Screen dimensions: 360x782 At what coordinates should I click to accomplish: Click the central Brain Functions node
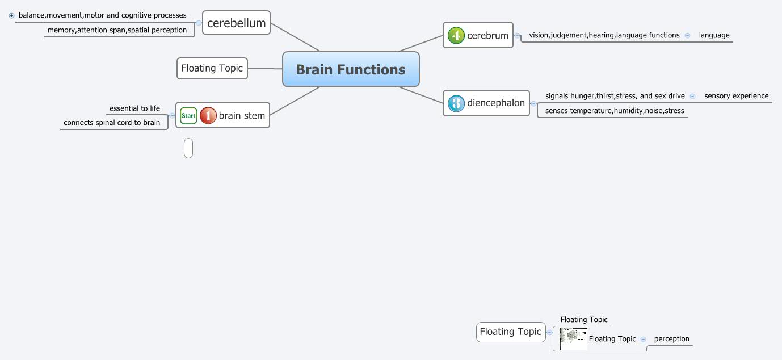[351, 69]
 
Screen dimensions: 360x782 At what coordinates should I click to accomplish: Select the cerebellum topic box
[236, 23]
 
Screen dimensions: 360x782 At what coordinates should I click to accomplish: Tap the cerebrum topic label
[487, 36]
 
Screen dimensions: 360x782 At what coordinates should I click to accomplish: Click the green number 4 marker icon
[456, 36]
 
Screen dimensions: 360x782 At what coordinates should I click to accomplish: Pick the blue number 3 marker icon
[456, 103]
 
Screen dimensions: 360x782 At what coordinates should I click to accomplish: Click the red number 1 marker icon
[208, 115]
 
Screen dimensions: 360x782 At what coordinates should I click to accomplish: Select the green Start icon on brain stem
[188, 115]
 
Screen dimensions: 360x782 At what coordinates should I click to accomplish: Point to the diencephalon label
[496, 103]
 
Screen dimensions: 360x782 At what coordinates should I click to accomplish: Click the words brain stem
[242, 115]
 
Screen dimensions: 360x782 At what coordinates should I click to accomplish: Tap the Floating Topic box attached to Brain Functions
[212, 68]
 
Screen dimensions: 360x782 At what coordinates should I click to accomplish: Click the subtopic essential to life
[134, 108]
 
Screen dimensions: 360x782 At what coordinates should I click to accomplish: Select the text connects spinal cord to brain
[112, 122]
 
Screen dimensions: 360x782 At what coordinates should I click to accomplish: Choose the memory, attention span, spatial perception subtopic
[117, 30]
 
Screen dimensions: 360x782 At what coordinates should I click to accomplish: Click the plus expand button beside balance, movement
[11, 16]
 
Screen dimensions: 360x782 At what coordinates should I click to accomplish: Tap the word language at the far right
[714, 35]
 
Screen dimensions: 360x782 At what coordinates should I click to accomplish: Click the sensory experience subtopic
[736, 96]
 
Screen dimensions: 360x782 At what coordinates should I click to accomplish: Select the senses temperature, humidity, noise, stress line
[615, 111]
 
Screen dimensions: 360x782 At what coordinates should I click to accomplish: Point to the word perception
[671, 339]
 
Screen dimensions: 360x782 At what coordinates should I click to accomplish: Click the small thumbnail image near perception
[573, 339]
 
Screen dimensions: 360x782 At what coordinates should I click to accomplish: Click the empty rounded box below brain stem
[188, 148]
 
